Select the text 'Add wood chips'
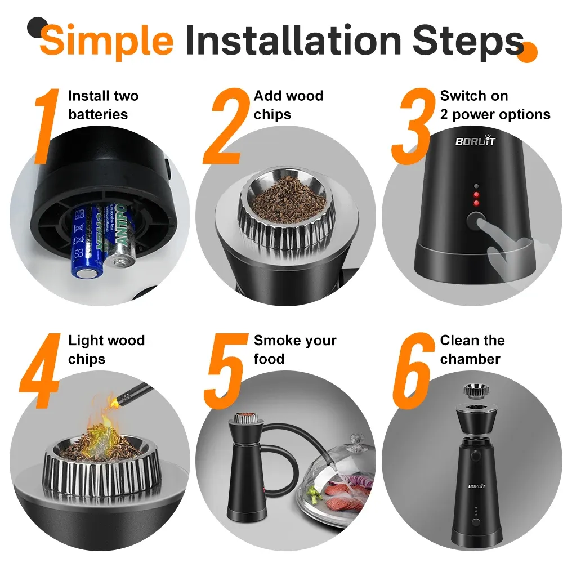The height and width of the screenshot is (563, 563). [x=288, y=105]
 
